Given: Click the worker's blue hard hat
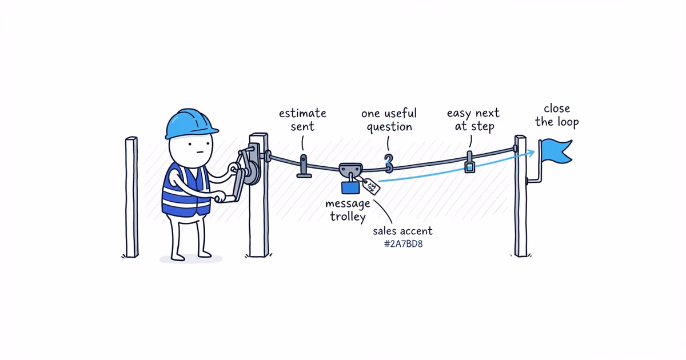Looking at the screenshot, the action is coord(190,123).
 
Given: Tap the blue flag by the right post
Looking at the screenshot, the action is coord(556,151).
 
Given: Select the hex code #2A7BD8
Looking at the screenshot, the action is coord(404,244).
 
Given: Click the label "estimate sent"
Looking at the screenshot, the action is coord(302,119).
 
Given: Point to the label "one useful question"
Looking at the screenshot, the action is coord(389,120).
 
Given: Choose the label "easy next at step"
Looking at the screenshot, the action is coord(473,119).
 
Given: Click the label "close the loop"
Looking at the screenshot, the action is coord(557,115).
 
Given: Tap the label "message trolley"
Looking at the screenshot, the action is coord(348,210).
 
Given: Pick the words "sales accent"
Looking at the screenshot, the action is coord(402,231).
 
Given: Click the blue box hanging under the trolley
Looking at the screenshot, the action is coord(350,187).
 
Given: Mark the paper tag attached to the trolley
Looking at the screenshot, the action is coord(371,186).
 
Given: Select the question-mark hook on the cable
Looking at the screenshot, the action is coord(389,163).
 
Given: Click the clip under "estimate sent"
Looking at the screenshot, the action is coord(304,166).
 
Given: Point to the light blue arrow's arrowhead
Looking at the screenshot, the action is coord(531,153).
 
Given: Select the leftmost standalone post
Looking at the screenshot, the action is coord(131,197).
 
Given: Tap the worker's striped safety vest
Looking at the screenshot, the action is coord(186,190).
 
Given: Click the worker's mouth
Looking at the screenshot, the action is coord(200,152).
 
